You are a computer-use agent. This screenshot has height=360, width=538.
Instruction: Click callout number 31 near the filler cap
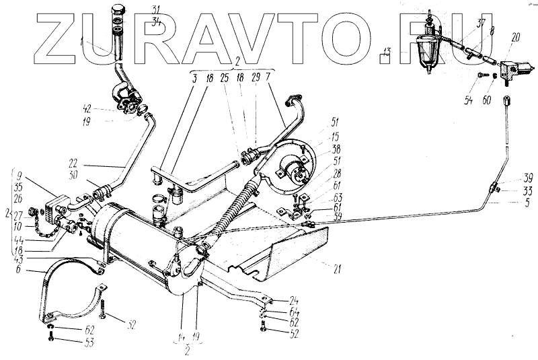click(x=156, y=10)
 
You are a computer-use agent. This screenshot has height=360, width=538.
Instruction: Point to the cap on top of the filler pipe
click(x=118, y=9)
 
